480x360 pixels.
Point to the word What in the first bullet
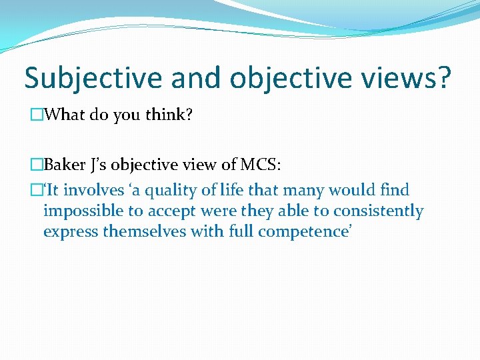(63, 115)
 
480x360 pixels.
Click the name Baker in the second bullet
(66, 165)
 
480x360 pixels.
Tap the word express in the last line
(69, 232)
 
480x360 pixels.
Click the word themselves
(141, 231)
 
